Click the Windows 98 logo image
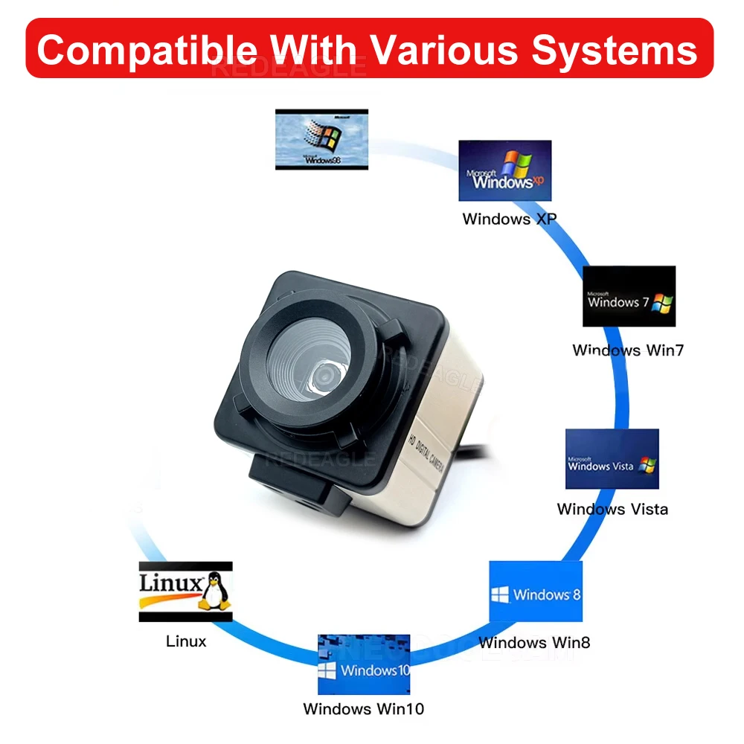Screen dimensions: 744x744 point(321,139)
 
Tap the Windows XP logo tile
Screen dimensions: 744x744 point(504,170)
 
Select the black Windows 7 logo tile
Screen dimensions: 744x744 point(629,296)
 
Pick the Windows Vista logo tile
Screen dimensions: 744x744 point(612,458)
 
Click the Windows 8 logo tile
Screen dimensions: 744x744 point(535,591)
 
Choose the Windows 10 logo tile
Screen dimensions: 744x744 point(364,664)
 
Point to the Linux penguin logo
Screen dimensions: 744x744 point(215,591)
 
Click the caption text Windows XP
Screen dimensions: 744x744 point(509,219)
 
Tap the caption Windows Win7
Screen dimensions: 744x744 point(627,350)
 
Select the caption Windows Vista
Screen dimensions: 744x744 point(612,509)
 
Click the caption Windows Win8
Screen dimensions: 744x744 point(534,642)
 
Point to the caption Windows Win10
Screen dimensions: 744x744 point(363,709)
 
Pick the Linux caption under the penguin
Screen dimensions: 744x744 point(186,641)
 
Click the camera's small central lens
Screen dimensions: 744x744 point(324,376)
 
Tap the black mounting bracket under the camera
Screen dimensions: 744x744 point(298,487)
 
